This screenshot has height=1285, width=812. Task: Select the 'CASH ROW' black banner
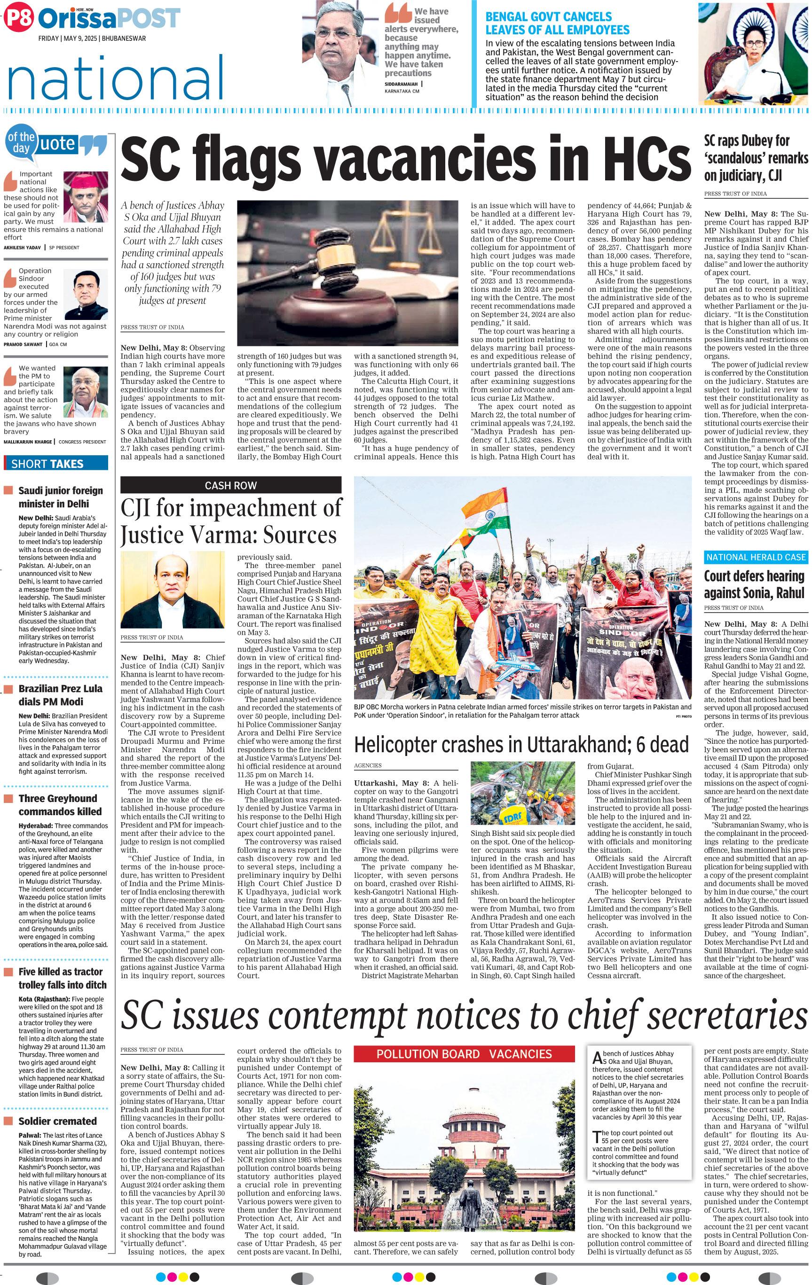pos(231,485)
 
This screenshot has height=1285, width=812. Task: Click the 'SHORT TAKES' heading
pos(47,464)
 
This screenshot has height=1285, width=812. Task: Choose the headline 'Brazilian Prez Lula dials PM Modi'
pos(60,695)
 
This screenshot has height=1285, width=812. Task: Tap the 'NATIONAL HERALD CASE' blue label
pos(756,557)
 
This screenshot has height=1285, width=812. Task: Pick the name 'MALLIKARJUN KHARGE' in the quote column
pos(28,441)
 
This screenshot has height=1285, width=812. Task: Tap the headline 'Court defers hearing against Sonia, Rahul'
pos(754,584)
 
